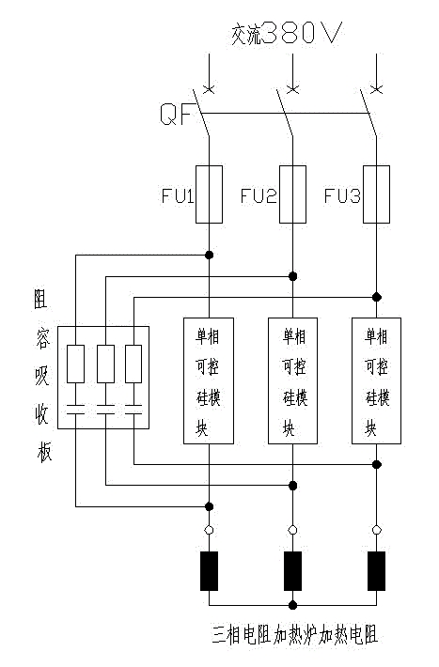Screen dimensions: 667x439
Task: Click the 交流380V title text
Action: (287, 34)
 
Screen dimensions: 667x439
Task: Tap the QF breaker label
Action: (177, 115)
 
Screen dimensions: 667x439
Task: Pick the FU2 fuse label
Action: (258, 196)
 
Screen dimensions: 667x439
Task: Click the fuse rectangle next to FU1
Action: (209, 195)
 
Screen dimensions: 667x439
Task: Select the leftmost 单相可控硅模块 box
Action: (209, 380)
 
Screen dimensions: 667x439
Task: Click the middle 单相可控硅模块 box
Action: (292, 380)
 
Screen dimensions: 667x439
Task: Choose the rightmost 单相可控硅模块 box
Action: (376, 380)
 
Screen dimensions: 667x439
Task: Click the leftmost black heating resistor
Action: (209, 569)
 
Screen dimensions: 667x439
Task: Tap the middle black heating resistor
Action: (292, 569)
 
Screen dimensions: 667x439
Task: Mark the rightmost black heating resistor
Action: (376, 569)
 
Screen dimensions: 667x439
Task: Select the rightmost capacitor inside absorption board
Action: (133, 411)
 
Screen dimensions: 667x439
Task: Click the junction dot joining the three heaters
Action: (292, 606)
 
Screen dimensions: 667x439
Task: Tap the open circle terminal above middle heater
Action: (292, 531)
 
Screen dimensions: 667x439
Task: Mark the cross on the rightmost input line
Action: (376, 89)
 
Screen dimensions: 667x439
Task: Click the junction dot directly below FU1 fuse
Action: (209, 255)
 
